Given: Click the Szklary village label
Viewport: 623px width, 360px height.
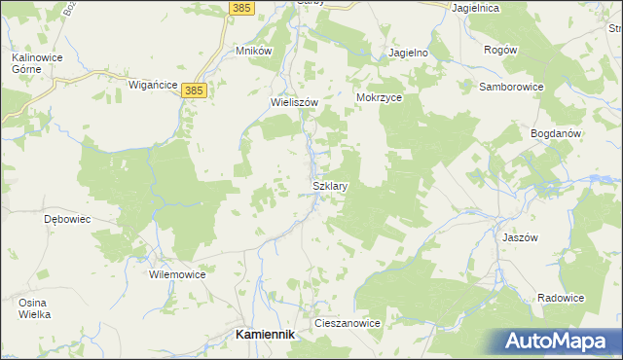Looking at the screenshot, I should (330, 185).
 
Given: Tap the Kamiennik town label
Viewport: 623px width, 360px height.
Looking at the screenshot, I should (266, 334).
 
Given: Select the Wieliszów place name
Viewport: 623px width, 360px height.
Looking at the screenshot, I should (295, 100).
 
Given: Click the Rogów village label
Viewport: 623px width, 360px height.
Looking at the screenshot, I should (500, 50).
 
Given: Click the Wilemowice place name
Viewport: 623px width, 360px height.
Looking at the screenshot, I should (177, 275).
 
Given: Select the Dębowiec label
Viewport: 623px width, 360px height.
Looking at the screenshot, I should (68, 219).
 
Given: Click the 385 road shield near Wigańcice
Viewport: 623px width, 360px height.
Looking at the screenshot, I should (195, 90).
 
